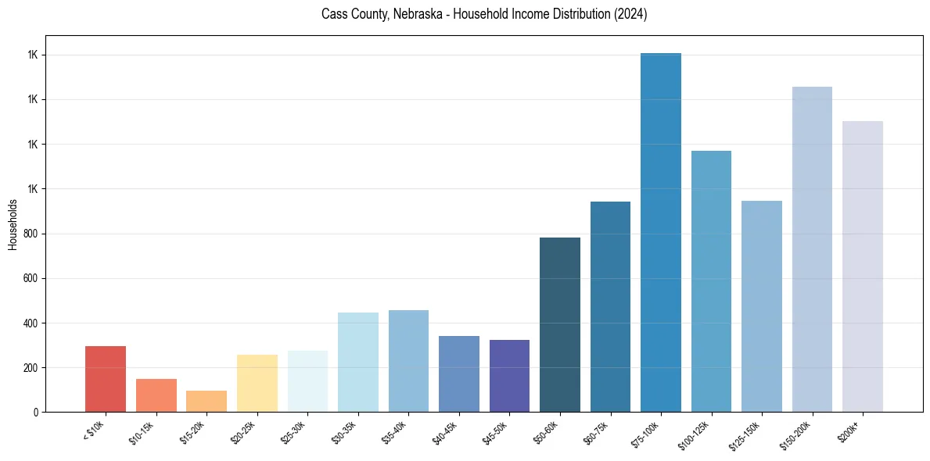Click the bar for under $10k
tap(106, 379)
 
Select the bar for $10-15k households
tap(156, 395)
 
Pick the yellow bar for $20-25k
tap(257, 384)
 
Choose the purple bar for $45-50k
tap(509, 376)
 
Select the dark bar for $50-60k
tap(560, 324)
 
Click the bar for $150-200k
tap(812, 249)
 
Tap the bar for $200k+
tap(863, 266)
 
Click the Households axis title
tap(13, 224)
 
